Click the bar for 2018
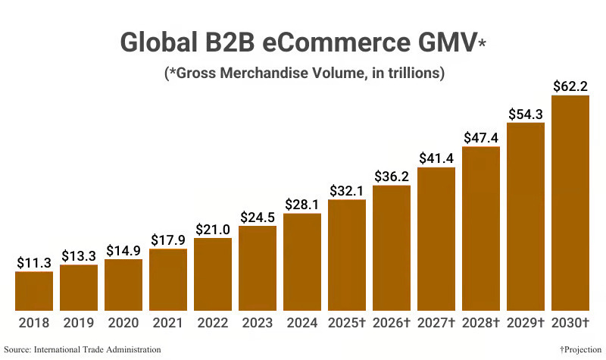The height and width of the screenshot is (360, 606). pyautogui.click(x=34, y=291)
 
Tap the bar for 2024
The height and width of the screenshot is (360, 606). pyautogui.click(x=302, y=262)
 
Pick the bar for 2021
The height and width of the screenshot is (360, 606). pyautogui.click(x=168, y=280)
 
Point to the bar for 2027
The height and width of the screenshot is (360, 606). pyautogui.click(x=436, y=239)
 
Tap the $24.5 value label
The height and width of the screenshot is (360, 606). pyautogui.click(x=258, y=216)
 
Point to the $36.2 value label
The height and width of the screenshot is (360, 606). pyautogui.click(x=392, y=175)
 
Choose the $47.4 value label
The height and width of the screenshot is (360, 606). pyautogui.click(x=481, y=137)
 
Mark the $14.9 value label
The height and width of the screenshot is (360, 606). pyautogui.click(x=123, y=249)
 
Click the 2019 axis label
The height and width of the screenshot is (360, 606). pyautogui.click(x=79, y=323)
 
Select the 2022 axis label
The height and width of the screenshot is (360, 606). pyautogui.click(x=213, y=323)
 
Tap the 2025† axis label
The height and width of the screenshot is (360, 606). pyautogui.click(x=347, y=323)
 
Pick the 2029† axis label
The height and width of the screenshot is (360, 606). pyautogui.click(x=526, y=323)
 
